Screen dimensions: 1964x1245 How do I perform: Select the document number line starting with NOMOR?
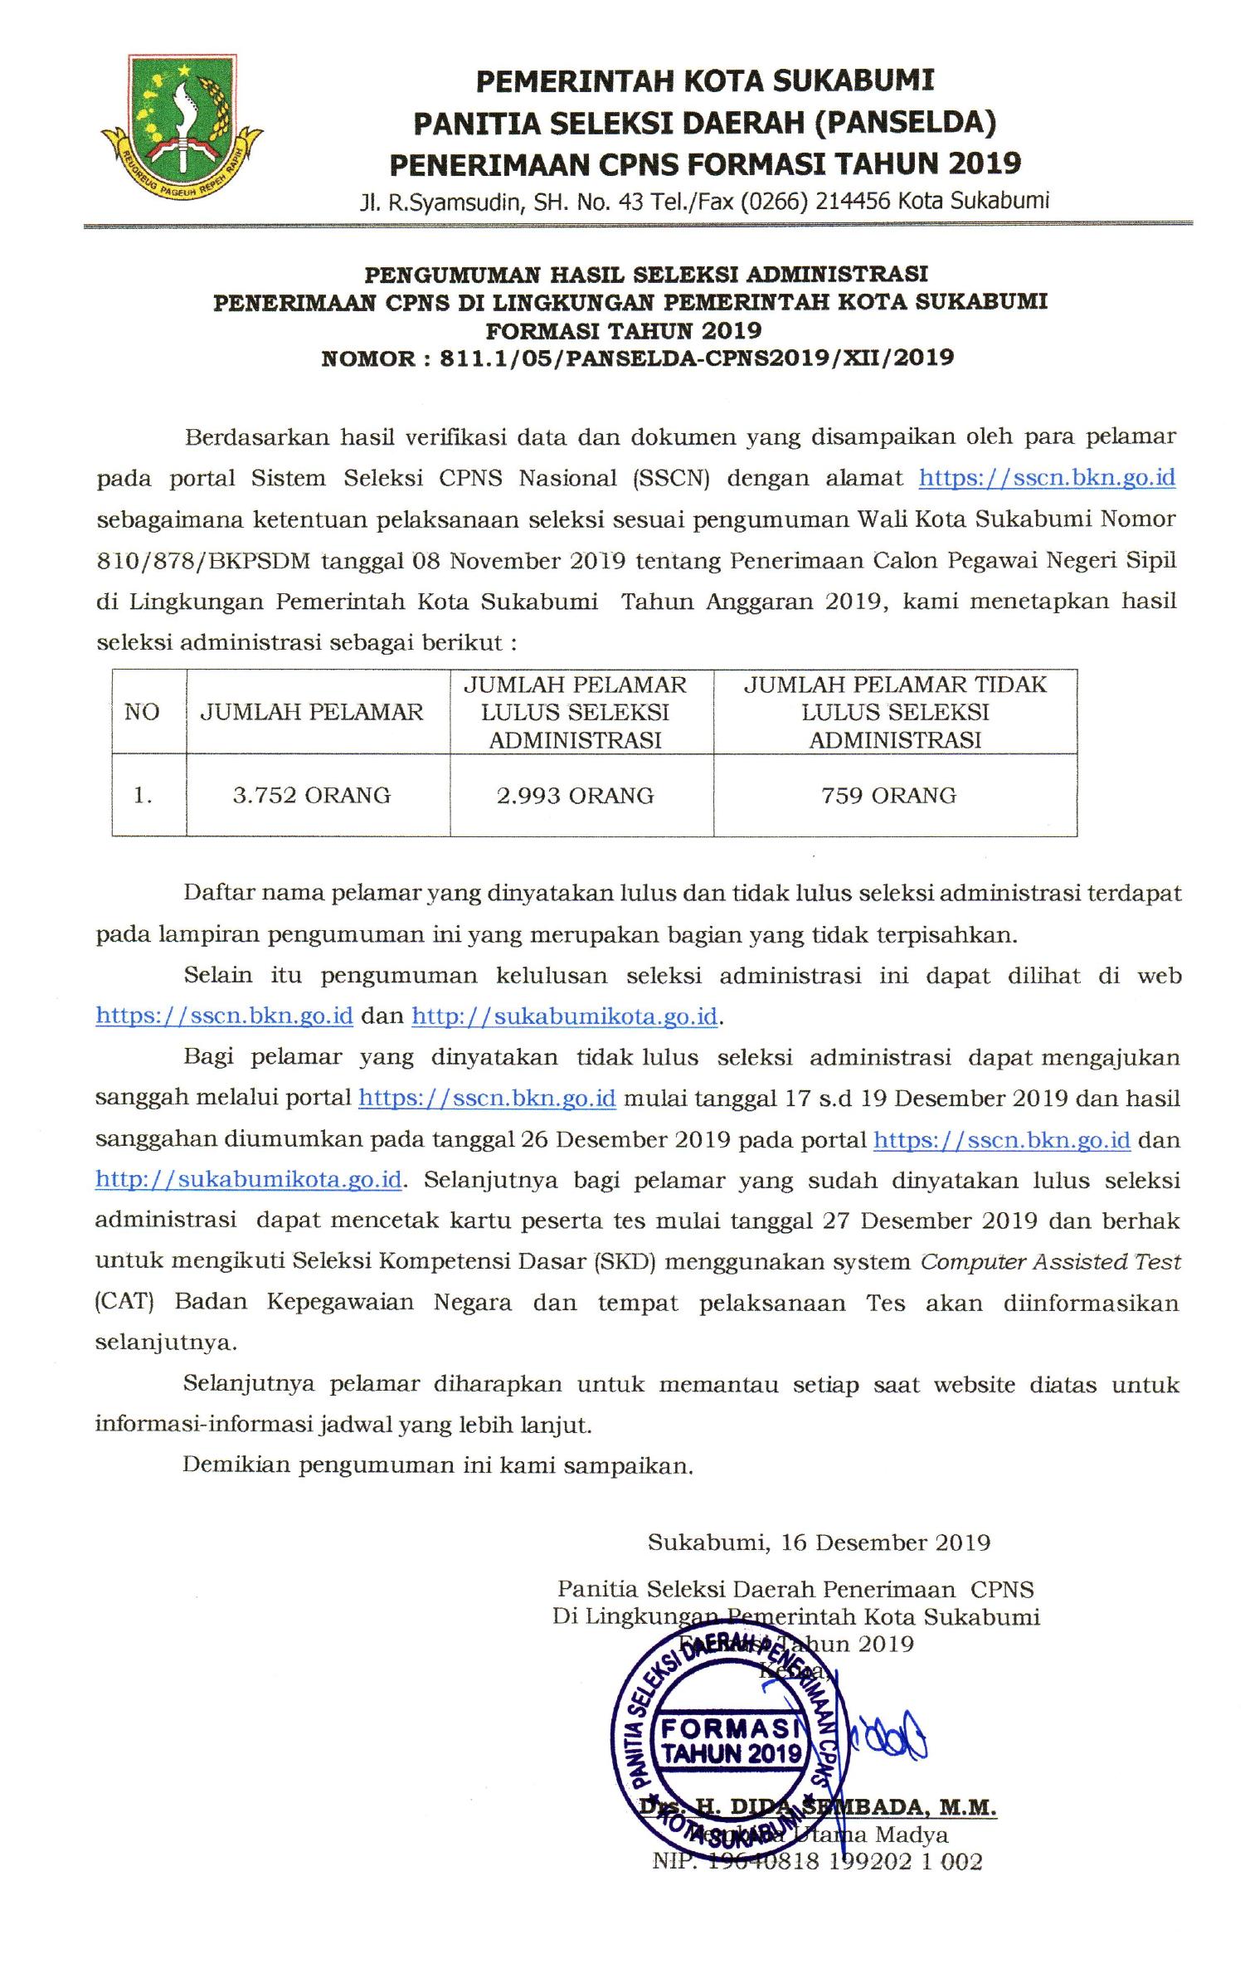[x=637, y=358]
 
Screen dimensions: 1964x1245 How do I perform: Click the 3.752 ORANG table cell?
[x=312, y=795]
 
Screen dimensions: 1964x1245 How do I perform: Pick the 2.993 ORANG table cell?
[x=576, y=795]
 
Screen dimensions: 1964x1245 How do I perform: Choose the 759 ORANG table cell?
[x=889, y=795]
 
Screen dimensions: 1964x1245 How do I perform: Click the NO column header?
[x=142, y=712]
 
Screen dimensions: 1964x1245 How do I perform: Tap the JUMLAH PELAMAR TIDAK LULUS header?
[x=895, y=712]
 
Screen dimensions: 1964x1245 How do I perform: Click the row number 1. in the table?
[x=143, y=795]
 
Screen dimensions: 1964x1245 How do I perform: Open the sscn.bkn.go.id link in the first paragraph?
[x=1047, y=478]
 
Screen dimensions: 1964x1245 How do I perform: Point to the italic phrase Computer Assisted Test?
[x=1050, y=1262]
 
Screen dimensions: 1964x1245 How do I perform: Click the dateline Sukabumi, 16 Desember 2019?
[x=819, y=1542]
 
